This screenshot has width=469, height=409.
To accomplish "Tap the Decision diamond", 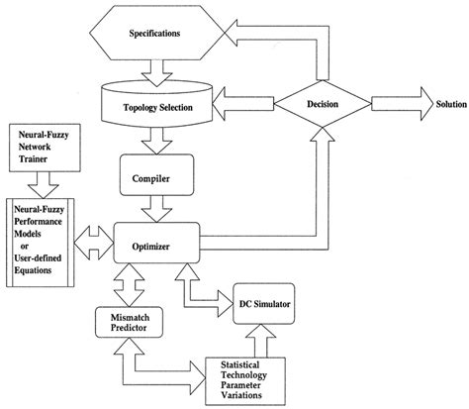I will [318, 101].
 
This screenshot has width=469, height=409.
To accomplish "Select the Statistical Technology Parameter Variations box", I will [249, 381].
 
